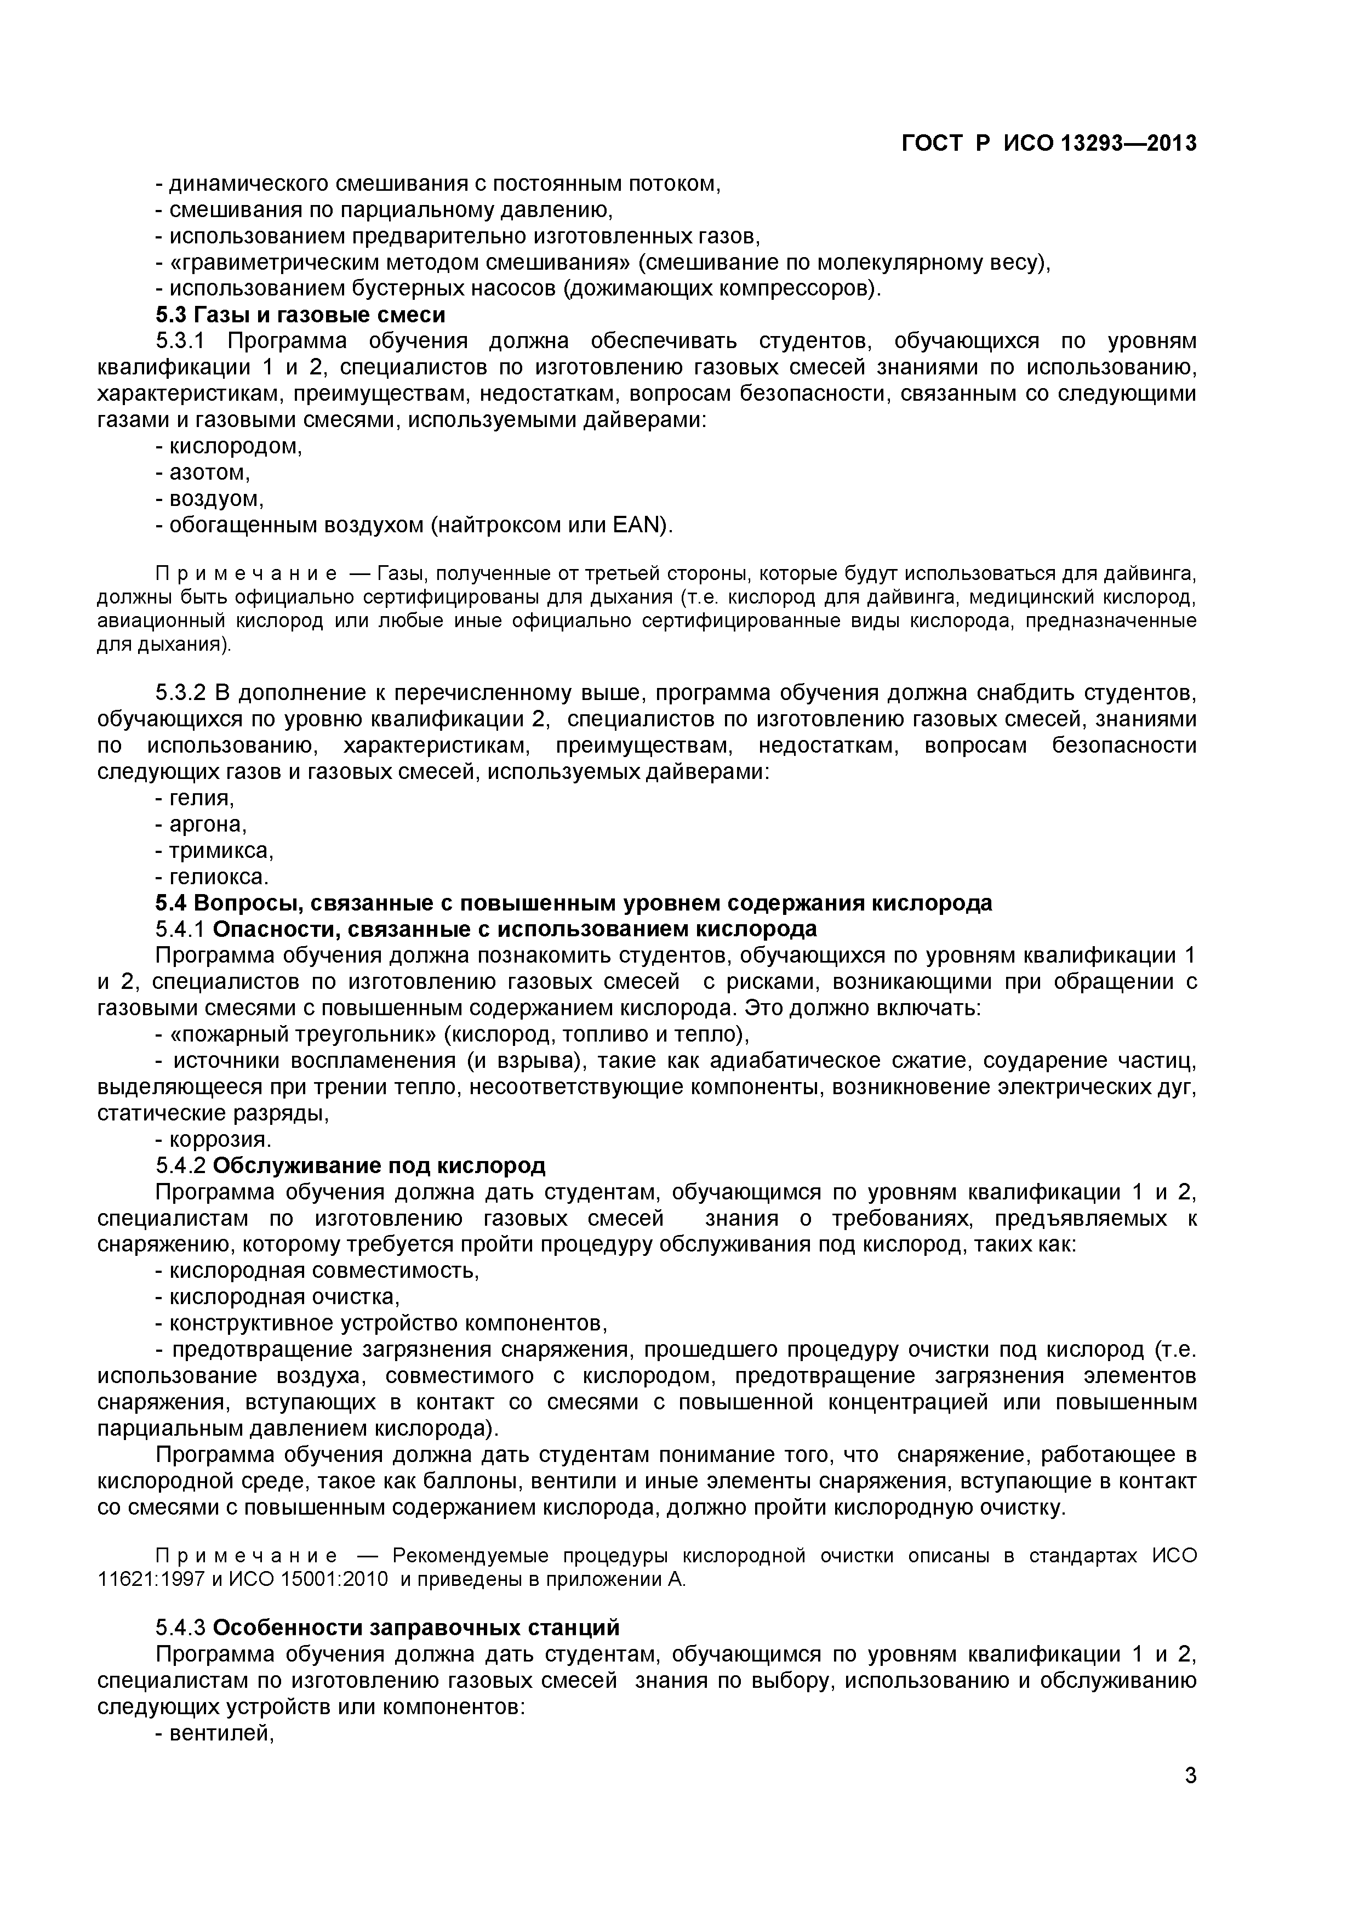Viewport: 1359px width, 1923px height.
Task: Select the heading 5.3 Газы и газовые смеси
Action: [x=301, y=315]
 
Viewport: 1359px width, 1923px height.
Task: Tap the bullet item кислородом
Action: [x=235, y=446]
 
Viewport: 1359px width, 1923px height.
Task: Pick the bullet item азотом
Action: [x=209, y=473]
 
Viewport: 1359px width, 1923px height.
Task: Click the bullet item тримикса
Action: [x=221, y=851]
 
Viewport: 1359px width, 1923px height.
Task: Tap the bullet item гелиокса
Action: [x=219, y=877]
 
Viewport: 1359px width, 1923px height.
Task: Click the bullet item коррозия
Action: [x=220, y=1140]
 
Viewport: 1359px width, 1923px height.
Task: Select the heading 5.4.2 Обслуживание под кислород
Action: [x=350, y=1166]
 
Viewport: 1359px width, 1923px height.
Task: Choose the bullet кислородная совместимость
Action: [x=324, y=1271]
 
